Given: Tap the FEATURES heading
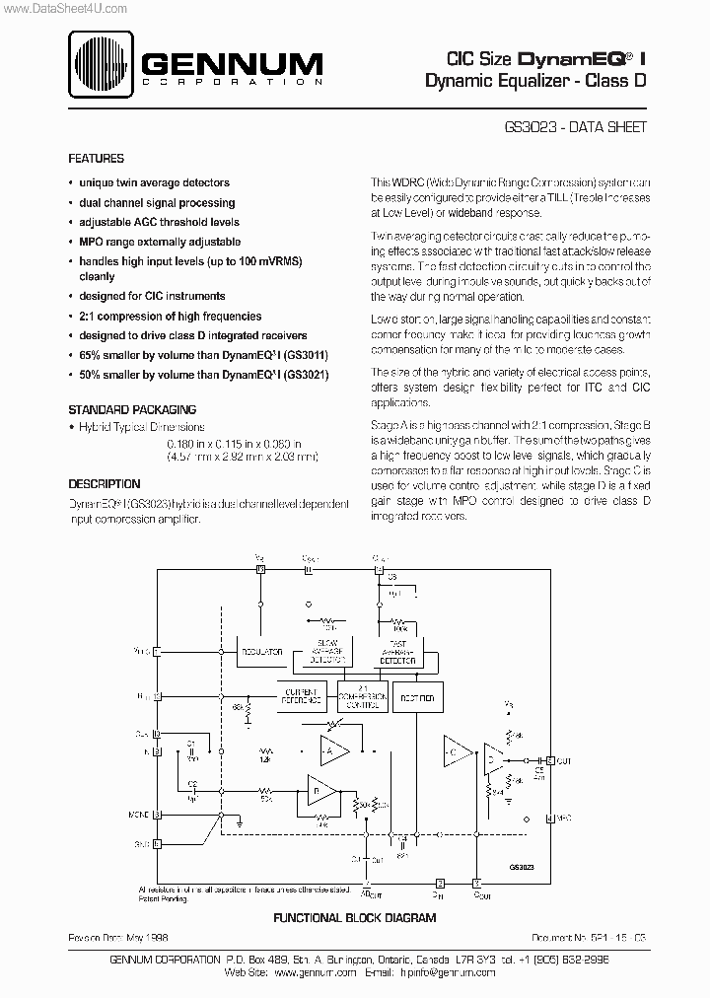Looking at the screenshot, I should click(x=96, y=158).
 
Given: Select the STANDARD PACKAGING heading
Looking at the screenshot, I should click(x=131, y=409).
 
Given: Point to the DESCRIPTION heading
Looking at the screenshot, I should click(x=104, y=484).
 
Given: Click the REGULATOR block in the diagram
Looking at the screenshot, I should click(x=260, y=652).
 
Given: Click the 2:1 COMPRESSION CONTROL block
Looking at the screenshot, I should click(x=362, y=695).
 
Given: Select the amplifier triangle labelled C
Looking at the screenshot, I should click(x=456, y=750).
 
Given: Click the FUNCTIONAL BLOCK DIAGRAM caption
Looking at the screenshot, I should click(x=354, y=917).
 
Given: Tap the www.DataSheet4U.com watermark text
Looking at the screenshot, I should click(x=65, y=8).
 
